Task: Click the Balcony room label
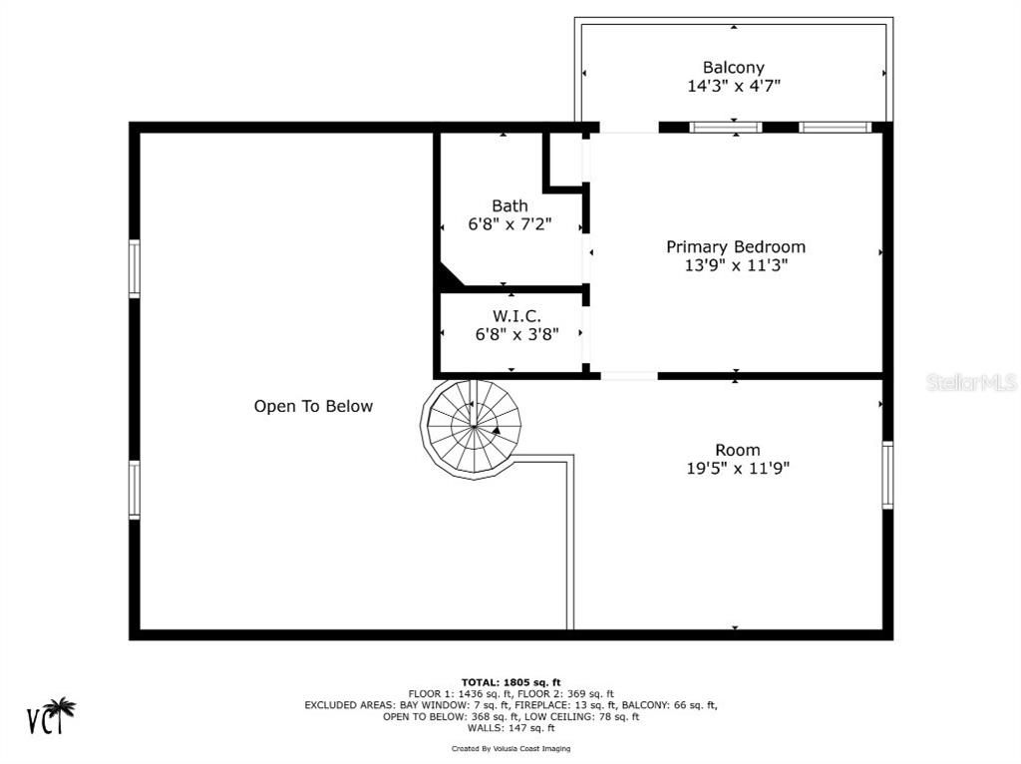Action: pos(733,67)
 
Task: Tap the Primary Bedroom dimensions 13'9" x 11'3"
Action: pos(736,265)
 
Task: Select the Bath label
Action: pos(510,205)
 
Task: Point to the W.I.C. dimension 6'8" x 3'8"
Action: pos(517,334)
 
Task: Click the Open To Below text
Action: pos(313,406)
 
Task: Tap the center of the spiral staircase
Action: pos(474,427)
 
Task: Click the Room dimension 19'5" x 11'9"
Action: pos(738,468)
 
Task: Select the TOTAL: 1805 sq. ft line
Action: pos(511,682)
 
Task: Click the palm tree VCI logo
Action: pos(51,715)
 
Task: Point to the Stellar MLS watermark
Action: pos(971,382)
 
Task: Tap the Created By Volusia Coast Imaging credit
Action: pos(511,748)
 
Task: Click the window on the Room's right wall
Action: pos(887,474)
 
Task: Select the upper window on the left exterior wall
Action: pos(135,268)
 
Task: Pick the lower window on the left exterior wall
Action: pos(135,490)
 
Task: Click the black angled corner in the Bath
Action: pos(448,276)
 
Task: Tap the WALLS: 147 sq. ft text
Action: pos(511,728)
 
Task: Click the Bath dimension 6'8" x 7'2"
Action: pos(510,224)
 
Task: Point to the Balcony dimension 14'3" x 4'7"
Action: pos(734,86)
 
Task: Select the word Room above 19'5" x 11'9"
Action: pos(738,450)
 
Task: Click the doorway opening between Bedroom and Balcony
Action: pos(629,128)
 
